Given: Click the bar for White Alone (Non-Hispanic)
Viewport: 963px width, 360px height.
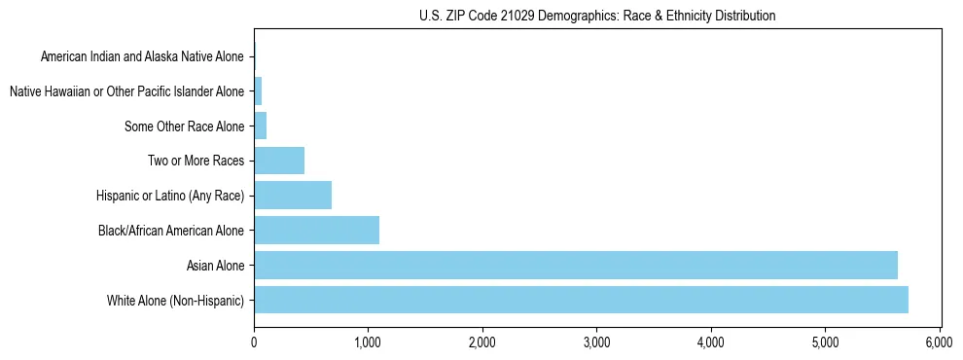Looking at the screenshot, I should [x=581, y=300].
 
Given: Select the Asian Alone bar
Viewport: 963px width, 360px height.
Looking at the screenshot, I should [x=575, y=265].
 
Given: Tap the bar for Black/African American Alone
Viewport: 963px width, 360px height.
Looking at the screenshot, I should [x=316, y=231].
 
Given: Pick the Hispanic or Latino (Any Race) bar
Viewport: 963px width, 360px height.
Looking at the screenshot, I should [x=293, y=196].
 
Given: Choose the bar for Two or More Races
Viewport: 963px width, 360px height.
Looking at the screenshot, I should [x=279, y=161].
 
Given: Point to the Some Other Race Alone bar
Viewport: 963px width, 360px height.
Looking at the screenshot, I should [x=260, y=126].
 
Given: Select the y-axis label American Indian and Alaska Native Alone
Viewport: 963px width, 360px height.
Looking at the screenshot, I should [x=142, y=57].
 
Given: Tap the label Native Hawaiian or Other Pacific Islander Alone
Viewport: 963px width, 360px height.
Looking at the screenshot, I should [x=126, y=92].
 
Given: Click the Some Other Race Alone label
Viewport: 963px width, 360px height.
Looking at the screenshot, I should [x=185, y=126].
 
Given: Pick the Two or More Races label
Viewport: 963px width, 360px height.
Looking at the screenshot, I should [x=196, y=161].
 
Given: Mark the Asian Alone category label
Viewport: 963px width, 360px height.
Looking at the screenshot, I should [x=216, y=265].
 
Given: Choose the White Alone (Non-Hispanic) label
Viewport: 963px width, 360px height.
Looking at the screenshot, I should [x=176, y=300].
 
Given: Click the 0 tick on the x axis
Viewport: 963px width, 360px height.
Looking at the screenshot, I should [x=254, y=342].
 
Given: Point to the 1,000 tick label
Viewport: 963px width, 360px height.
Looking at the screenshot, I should [x=368, y=342].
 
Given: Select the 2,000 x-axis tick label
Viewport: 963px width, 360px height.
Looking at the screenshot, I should [x=482, y=342].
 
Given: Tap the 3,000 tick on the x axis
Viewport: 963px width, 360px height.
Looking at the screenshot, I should [x=596, y=342].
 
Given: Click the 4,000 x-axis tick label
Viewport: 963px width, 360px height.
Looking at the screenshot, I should [x=711, y=342].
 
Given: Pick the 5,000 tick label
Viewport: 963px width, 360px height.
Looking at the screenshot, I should [x=825, y=342].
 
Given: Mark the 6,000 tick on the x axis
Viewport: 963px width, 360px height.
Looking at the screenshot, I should [x=940, y=342].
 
